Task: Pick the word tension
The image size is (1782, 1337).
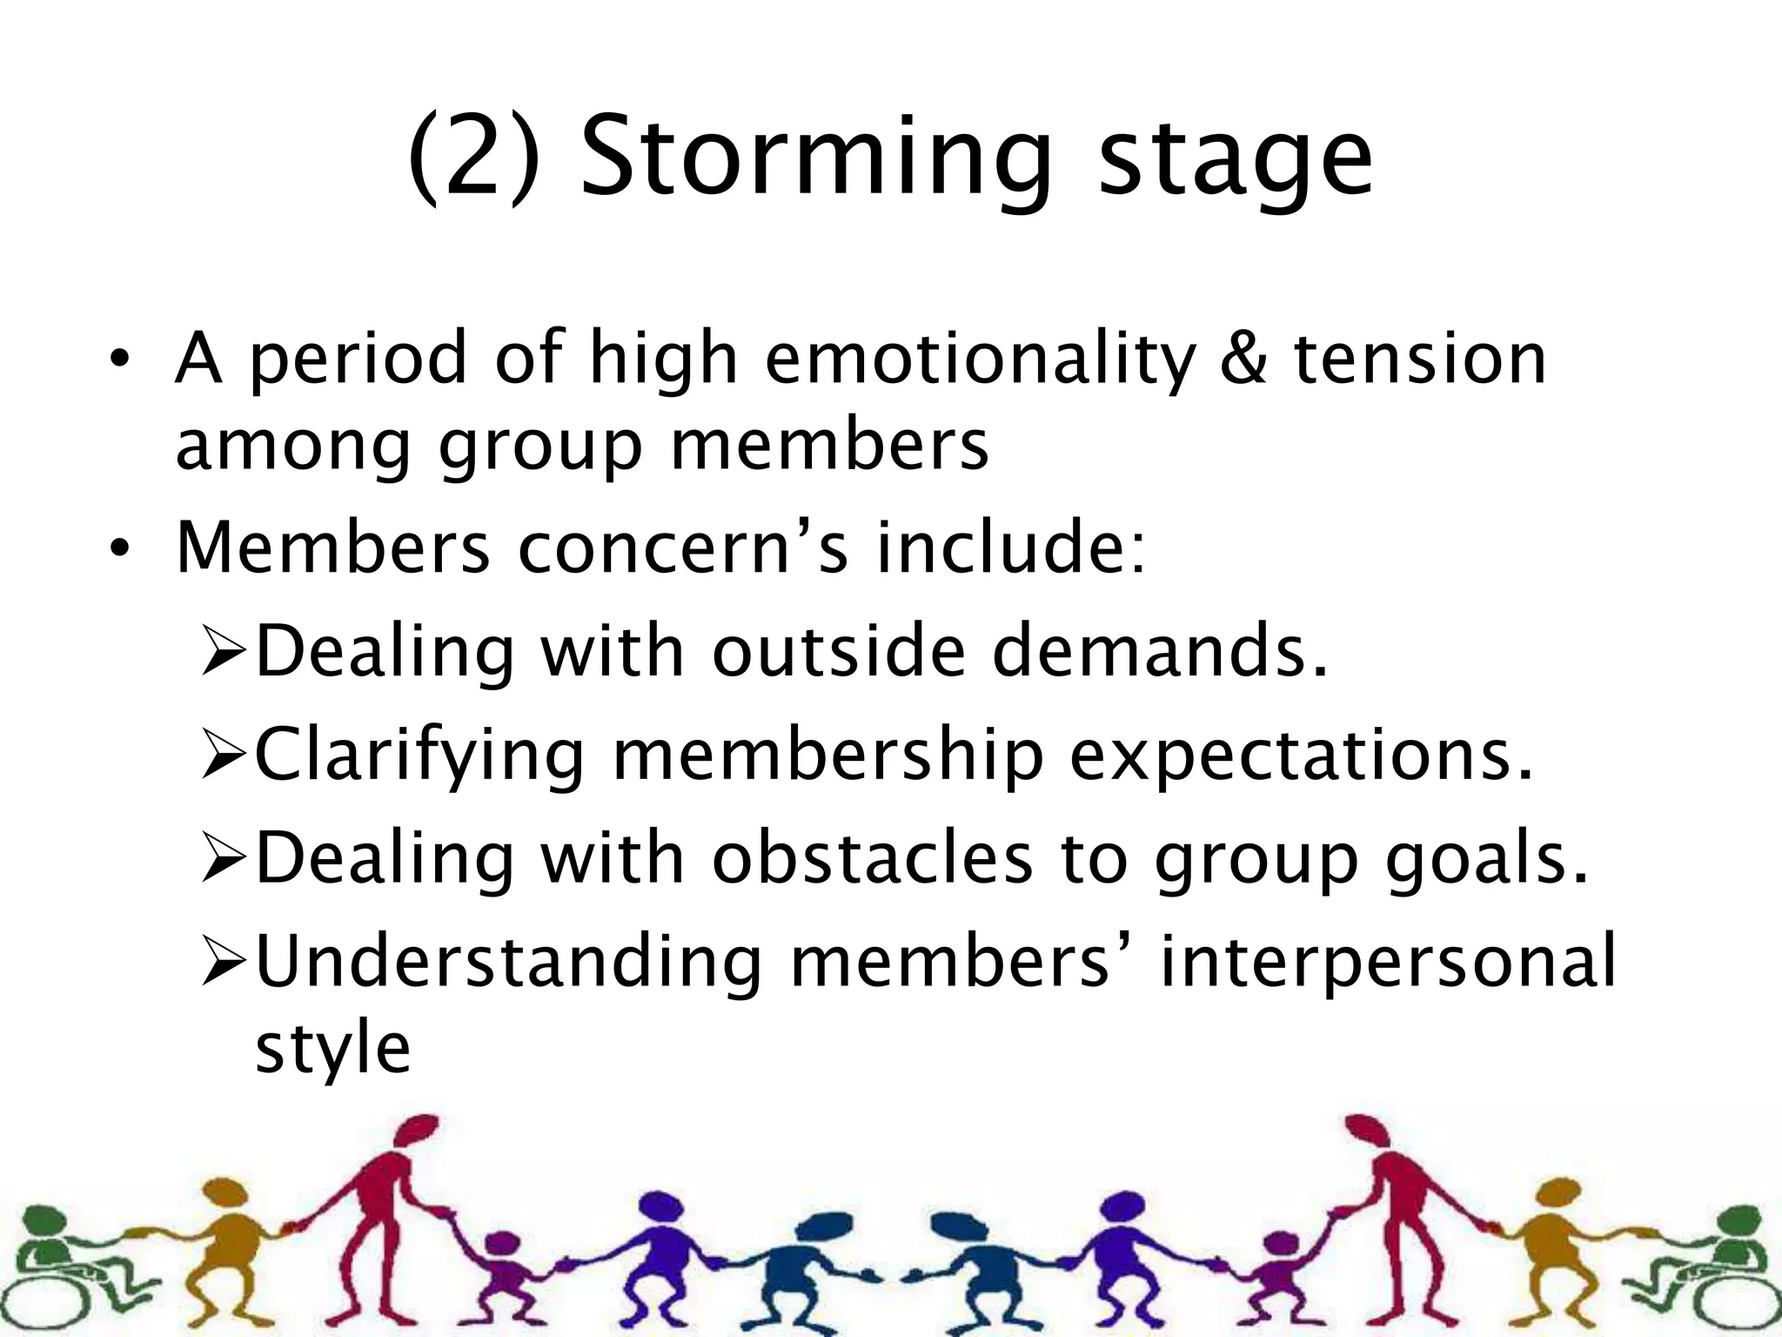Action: [1420, 359]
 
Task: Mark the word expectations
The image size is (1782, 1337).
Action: [1301, 756]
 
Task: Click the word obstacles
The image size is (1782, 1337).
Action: [873, 858]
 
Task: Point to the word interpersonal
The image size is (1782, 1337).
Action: [1388, 961]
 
